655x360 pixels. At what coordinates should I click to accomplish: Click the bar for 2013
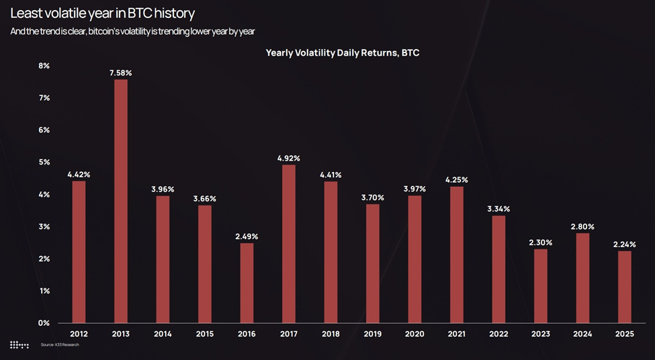(x=120, y=201)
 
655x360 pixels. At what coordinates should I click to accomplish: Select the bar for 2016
(x=247, y=283)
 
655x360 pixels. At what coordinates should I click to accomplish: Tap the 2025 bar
(x=624, y=287)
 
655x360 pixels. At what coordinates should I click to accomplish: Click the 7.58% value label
(x=120, y=73)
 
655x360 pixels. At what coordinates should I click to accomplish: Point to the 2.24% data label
(x=624, y=244)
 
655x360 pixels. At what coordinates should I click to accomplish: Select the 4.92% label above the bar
(x=288, y=159)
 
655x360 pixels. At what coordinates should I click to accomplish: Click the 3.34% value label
(x=498, y=209)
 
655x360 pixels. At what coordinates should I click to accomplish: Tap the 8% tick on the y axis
(x=44, y=66)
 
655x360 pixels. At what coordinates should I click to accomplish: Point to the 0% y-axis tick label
(x=44, y=323)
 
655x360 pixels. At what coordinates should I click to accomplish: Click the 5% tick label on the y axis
(x=44, y=163)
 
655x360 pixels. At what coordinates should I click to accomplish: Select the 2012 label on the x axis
(x=79, y=334)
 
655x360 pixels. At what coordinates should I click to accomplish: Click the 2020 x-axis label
(x=414, y=334)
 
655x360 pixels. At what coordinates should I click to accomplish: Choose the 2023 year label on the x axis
(x=540, y=334)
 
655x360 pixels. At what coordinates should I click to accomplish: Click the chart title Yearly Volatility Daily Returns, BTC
(x=342, y=52)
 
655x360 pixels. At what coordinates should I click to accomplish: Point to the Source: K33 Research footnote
(x=55, y=345)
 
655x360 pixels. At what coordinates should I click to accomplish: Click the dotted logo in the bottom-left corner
(x=19, y=345)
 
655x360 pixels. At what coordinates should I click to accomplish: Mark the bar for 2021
(x=456, y=255)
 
